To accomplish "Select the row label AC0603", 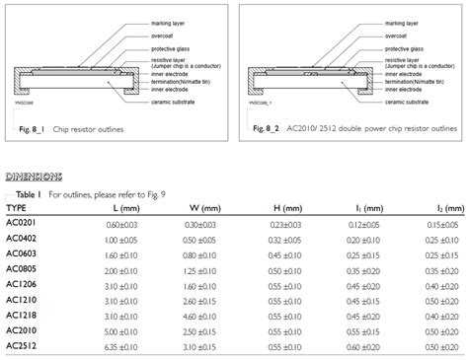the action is pyautogui.click(x=24, y=253).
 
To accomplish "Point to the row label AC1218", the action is pyautogui.click(x=24, y=316).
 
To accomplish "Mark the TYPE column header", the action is pyautogui.click(x=17, y=209).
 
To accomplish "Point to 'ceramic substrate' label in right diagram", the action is pyautogui.click(x=409, y=102).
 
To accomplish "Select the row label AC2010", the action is pyautogui.click(x=24, y=330).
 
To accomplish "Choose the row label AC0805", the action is pyautogui.click(x=24, y=269).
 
